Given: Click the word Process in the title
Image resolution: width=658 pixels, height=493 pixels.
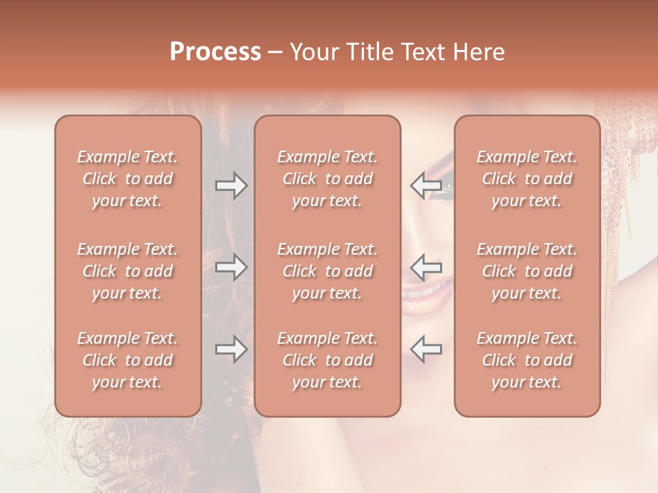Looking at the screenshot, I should click(x=215, y=52).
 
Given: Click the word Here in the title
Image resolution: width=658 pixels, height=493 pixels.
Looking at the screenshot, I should click(x=480, y=52).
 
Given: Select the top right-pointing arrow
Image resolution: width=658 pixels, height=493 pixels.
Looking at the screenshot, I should click(x=232, y=186).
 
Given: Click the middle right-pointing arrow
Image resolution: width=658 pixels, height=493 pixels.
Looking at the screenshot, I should click(x=232, y=267).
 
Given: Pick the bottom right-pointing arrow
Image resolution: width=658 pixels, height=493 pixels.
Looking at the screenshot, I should click(x=232, y=349).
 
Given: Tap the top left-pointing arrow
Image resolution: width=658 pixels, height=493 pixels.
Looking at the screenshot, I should click(x=426, y=185).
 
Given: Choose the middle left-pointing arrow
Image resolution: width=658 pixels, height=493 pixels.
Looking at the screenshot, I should click(x=426, y=266).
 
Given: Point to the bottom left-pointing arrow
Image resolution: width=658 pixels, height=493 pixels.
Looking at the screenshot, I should click(x=426, y=349).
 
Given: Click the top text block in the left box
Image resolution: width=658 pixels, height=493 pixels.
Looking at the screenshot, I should click(x=127, y=179).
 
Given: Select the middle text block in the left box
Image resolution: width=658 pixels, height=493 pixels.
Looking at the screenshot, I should click(x=127, y=271).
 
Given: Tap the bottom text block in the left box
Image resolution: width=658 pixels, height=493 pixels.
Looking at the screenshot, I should click(x=127, y=360).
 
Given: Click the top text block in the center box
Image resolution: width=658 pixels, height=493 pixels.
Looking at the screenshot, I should click(x=327, y=179).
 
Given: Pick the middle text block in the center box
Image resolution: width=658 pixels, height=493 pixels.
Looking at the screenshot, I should click(x=327, y=271).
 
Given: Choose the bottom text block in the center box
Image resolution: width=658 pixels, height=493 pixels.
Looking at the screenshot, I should click(x=327, y=360).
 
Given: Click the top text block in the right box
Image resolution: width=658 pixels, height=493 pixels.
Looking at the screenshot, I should click(x=527, y=179).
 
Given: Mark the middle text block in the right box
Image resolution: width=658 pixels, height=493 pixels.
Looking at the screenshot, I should click(x=527, y=271).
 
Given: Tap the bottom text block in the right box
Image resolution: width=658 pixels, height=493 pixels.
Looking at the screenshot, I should click(x=527, y=360).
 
